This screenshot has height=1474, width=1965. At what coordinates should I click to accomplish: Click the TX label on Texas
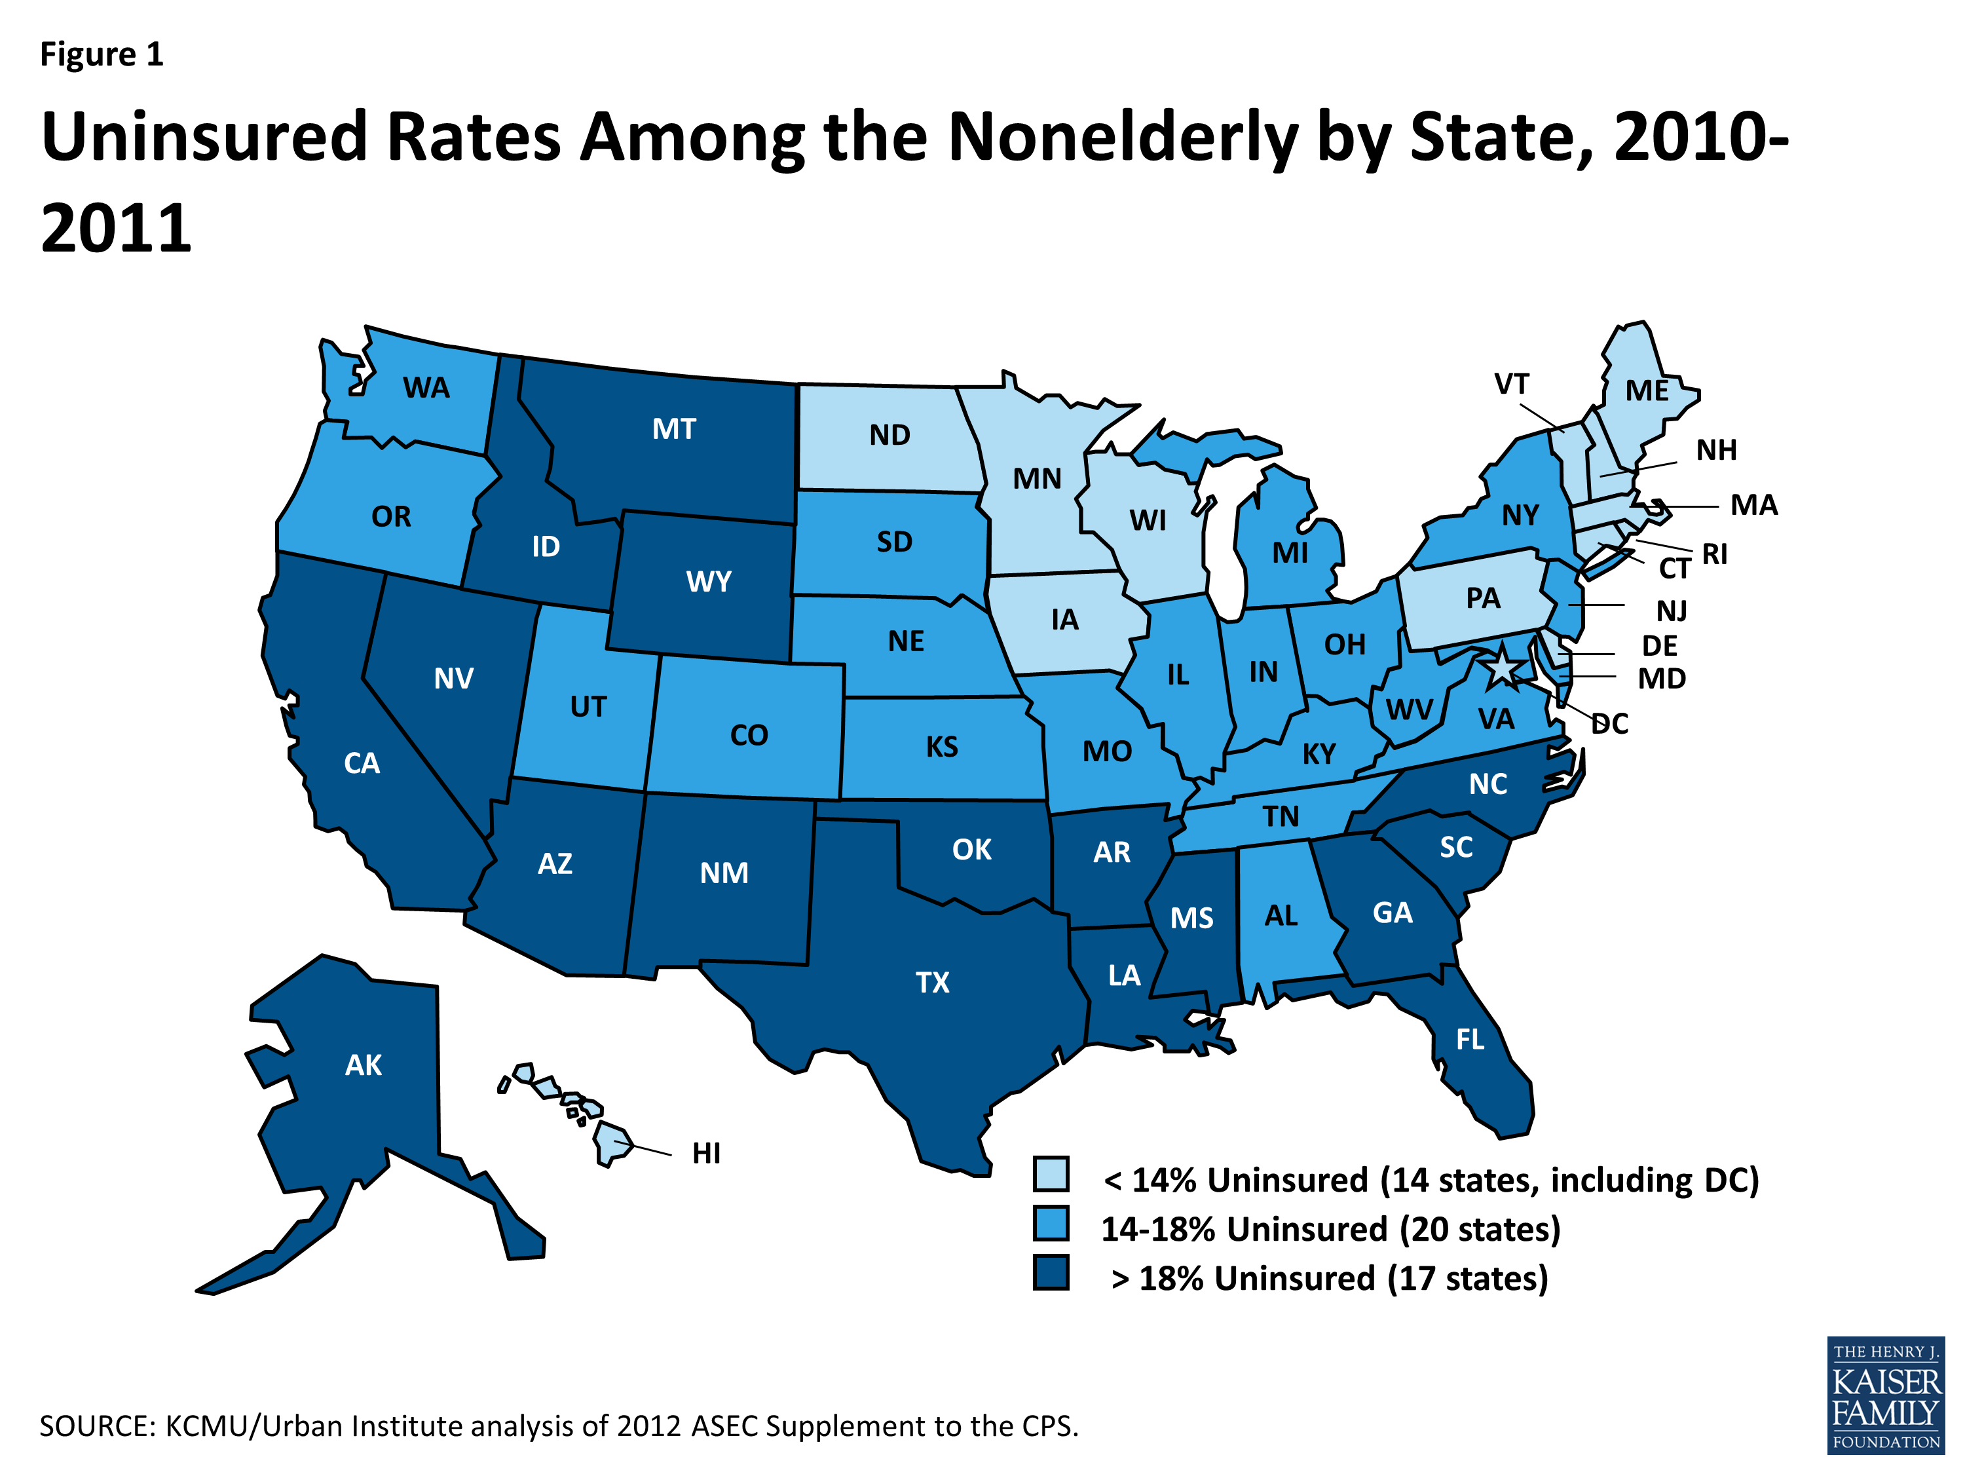932,982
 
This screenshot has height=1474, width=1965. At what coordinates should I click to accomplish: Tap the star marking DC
1501,668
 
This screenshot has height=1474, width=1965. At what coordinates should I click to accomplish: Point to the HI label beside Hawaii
706,1153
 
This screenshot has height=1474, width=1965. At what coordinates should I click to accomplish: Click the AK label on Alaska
364,1065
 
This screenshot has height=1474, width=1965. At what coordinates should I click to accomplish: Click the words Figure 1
102,54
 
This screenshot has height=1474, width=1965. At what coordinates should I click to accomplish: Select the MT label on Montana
673,429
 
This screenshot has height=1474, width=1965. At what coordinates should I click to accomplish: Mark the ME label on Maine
1646,391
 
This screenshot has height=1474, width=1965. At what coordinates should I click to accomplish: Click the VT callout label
1511,384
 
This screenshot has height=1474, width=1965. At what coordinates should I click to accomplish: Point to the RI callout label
1715,554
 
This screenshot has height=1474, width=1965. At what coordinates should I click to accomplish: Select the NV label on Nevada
453,679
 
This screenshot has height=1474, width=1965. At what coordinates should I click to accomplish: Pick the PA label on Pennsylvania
1483,598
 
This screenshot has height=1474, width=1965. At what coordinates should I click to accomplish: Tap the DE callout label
1659,645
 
